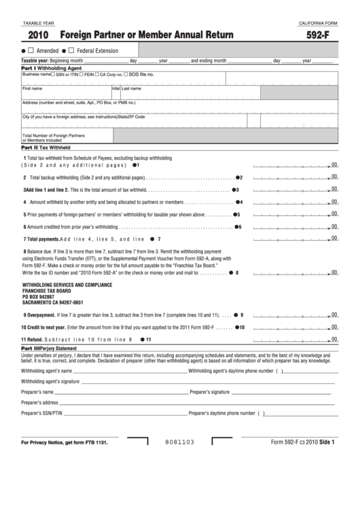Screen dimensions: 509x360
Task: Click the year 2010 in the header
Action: point(38,36)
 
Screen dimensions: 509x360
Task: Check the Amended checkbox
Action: point(31,51)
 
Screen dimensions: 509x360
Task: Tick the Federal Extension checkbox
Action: point(71,51)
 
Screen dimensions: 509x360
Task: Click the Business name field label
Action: point(37,74)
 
